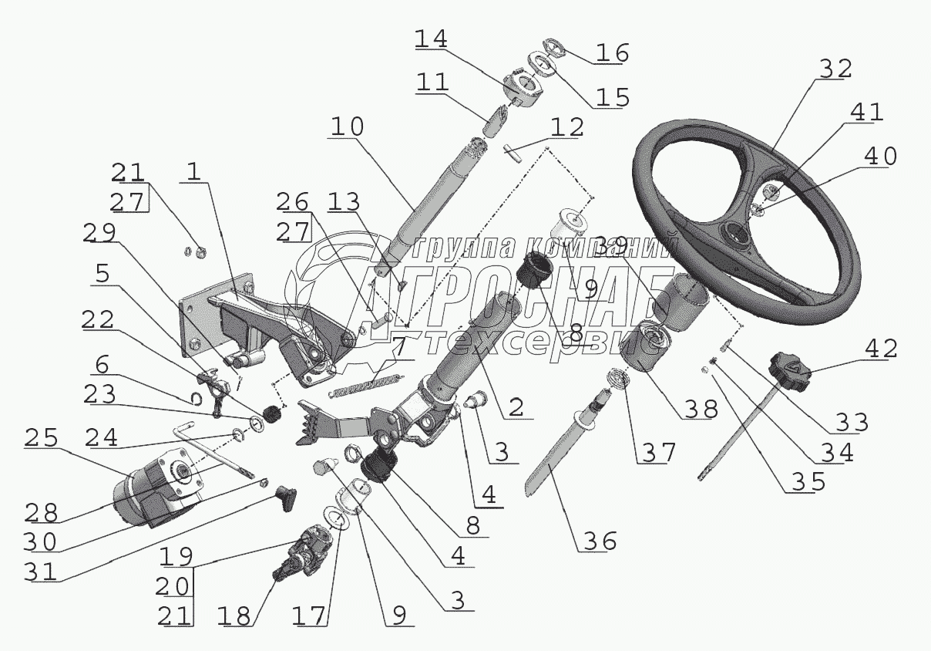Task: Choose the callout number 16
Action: [x=612, y=52]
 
